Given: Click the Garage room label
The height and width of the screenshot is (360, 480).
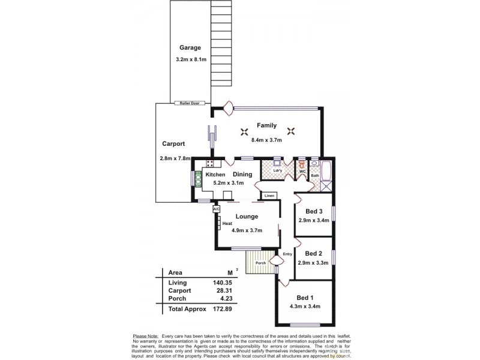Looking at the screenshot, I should (190, 48).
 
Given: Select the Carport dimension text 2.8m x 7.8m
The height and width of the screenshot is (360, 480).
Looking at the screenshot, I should (175, 158).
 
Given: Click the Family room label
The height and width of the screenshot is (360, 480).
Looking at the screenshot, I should (266, 125).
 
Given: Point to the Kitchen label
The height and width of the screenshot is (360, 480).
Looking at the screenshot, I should (215, 175).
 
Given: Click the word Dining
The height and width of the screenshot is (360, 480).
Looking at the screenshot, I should (242, 175).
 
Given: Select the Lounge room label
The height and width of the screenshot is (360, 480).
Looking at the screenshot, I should (247, 216).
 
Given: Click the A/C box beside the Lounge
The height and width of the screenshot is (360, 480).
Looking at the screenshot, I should (217, 209).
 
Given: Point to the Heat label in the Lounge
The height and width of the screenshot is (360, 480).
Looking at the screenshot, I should (227, 224).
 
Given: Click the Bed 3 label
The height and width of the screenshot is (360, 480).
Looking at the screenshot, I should (314, 211).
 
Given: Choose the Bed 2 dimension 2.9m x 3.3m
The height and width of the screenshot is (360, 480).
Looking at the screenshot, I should (314, 263).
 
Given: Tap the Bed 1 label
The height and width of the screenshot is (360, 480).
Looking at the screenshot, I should (305, 298).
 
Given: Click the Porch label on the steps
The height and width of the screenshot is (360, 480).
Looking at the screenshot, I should (260, 263).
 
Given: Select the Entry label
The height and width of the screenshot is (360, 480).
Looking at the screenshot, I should (287, 254).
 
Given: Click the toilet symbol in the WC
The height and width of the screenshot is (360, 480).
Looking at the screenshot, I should (302, 163).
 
